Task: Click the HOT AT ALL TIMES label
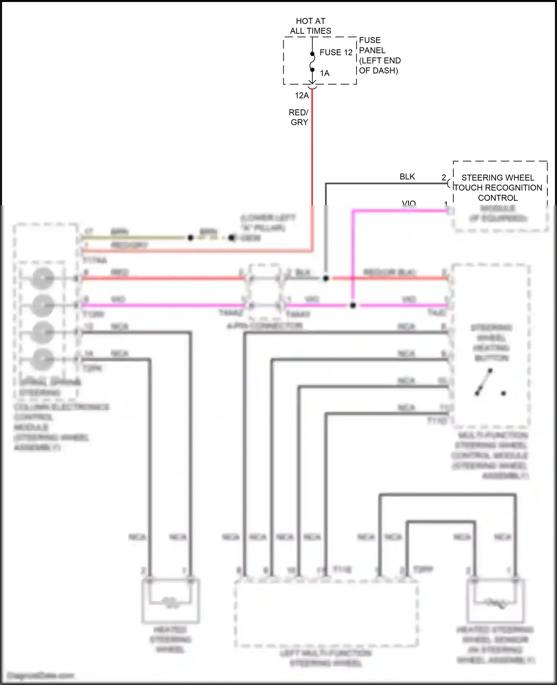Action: pos(310,26)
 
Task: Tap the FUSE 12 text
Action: pos(336,53)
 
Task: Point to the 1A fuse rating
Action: pos(325,73)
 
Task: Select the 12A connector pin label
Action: pos(302,96)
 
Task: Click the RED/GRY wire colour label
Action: pos(299,117)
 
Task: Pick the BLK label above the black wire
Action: pos(407,177)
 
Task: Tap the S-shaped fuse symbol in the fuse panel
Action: pos(312,62)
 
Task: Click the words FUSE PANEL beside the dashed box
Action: pos(372,45)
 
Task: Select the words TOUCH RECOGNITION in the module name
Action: pos(498,188)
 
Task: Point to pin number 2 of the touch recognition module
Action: pos(444,178)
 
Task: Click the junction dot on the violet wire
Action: pos(353,305)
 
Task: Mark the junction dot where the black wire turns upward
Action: pos(326,278)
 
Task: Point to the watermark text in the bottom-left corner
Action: pos(41,675)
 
